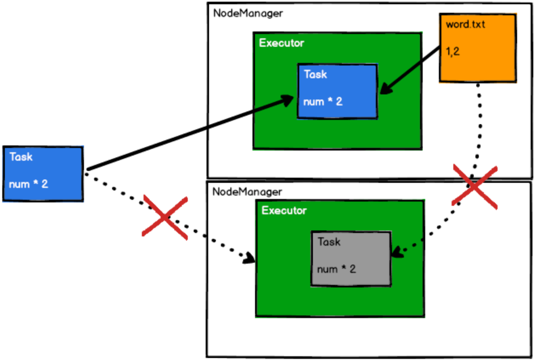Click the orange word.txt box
pyautogui.click(x=478, y=48)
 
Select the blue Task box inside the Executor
pyautogui.click(x=337, y=91)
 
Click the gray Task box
pyautogui.click(x=351, y=258)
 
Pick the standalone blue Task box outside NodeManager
pyautogui.click(x=43, y=173)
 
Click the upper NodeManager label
pyautogui.click(x=247, y=13)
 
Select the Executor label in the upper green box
pyautogui.click(x=281, y=43)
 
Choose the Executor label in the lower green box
pyautogui.click(x=284, y=210)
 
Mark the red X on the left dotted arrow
pyautogui.click(x=165, y=217)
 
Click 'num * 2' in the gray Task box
pyautogui.click(x=337, y=269)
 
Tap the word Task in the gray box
pyautogui.click(x=329, y=242)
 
